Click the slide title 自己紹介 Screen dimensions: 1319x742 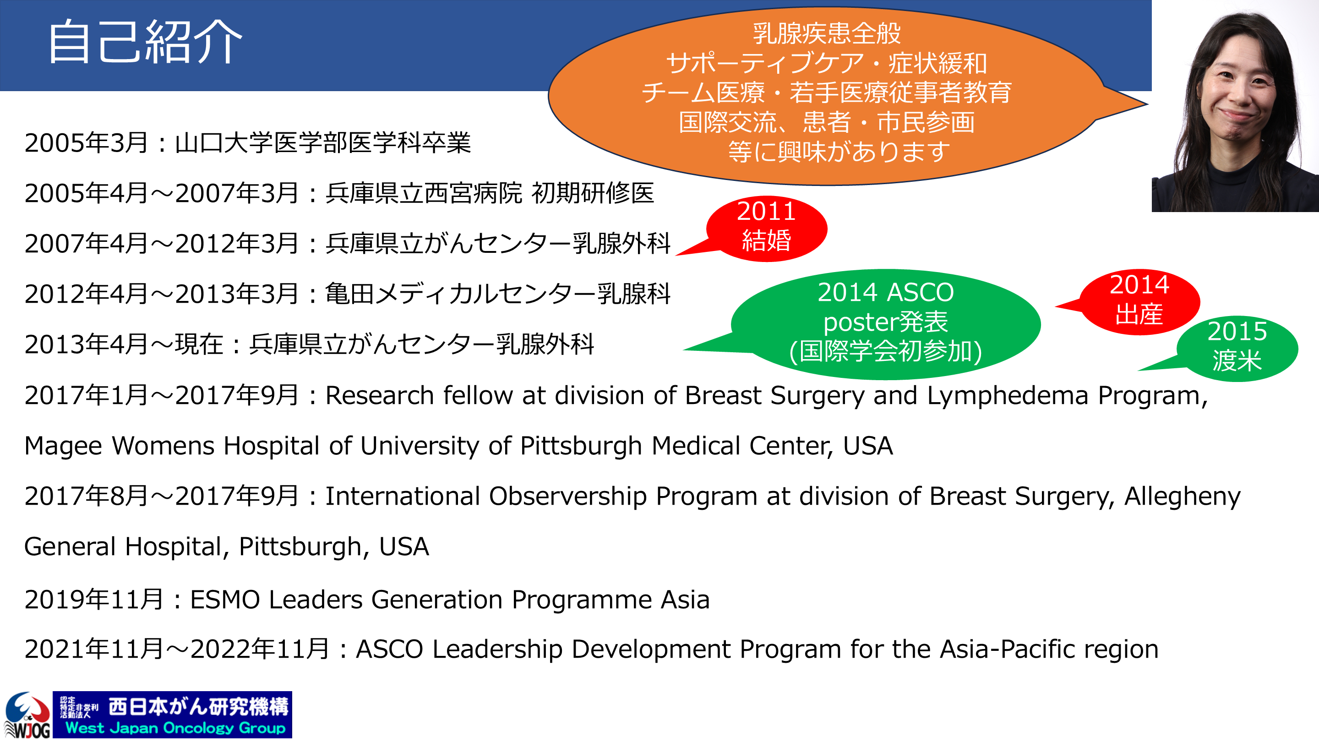(x=145, y=42)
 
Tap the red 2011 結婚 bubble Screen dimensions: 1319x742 (x=766, y=229)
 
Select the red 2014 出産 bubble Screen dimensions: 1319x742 (x=1139, y=302)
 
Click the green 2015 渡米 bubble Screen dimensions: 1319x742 (x=1237, y=348)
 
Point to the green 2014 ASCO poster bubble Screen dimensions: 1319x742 (x=885, y=324)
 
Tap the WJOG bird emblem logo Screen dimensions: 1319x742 (x=27, y=715)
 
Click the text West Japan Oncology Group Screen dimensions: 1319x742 (x=175, y=728)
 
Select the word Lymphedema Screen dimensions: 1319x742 (x=1008, y=395)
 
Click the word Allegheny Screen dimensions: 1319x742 (x=1182, y=496)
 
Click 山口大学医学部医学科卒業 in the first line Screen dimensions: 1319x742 (x=322, y=142)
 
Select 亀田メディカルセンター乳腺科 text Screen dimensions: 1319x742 (x=498, y=294)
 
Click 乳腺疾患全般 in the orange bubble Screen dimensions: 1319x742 (x=826, y=33)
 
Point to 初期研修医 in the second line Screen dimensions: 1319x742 (x=593, y=193)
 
